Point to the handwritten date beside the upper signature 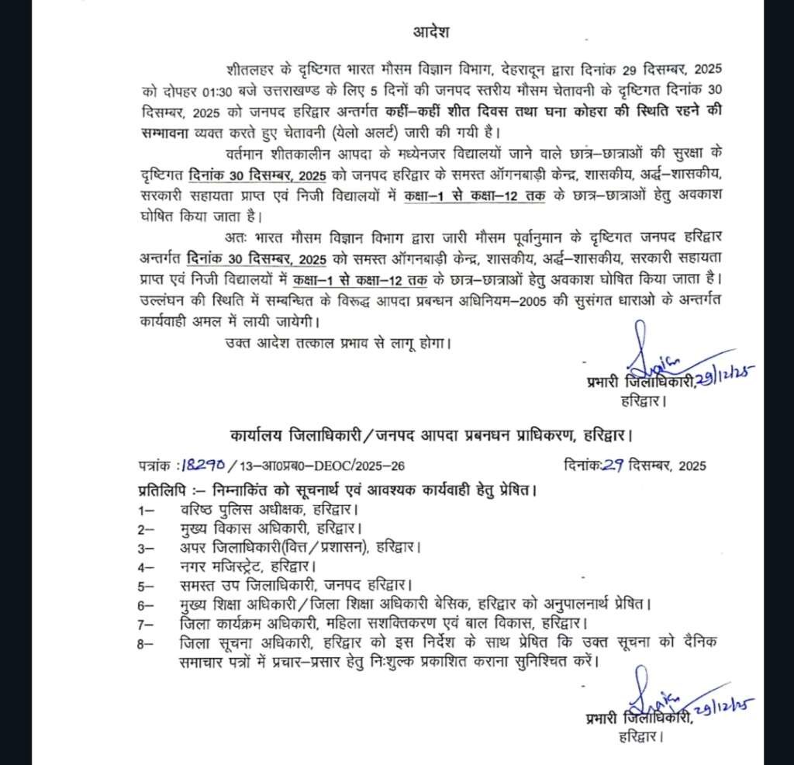click(724, 379)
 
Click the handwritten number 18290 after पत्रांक click(203, 466)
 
